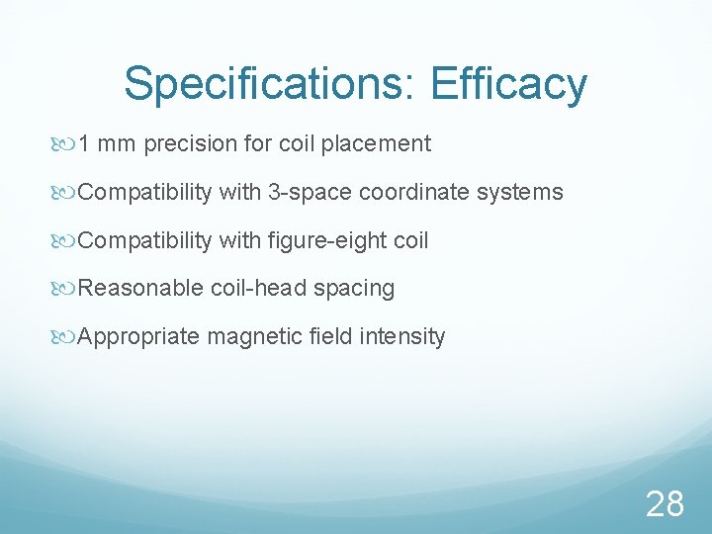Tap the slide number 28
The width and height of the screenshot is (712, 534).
point(665,504)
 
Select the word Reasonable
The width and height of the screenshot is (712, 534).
point(141,289)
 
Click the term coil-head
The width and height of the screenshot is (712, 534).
point(259,289)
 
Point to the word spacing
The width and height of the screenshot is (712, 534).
point(354,289)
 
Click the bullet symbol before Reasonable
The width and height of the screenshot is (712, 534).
point(66,289)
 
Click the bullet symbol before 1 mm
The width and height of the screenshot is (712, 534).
point(66,144)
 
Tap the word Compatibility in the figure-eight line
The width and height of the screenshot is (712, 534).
point(144,240)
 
